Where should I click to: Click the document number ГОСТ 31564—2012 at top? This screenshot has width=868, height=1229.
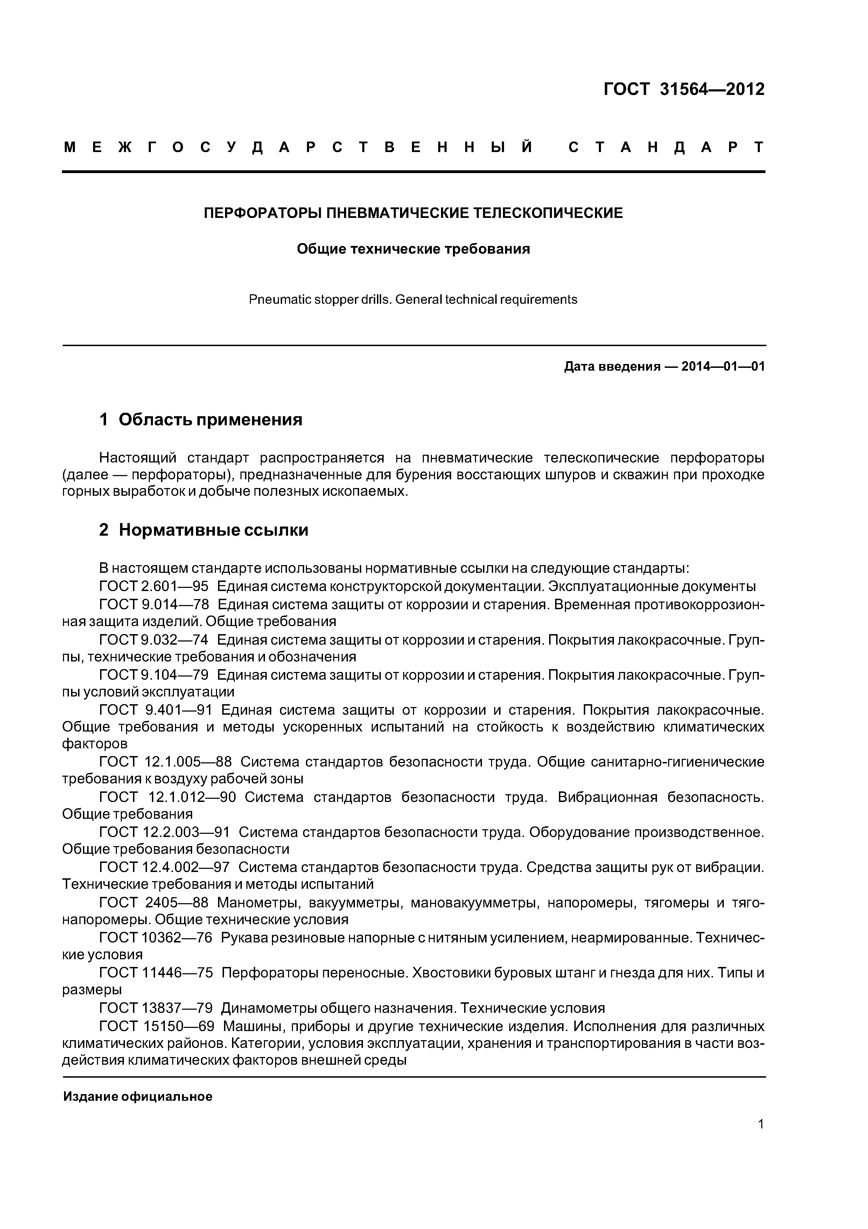point(684,89)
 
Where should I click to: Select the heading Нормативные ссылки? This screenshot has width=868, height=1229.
point(213,530)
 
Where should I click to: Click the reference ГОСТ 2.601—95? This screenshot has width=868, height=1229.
point(154,586)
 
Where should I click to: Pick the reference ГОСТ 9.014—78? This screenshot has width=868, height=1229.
point(154,604)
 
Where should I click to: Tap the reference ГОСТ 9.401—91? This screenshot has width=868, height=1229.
point(156,710)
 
